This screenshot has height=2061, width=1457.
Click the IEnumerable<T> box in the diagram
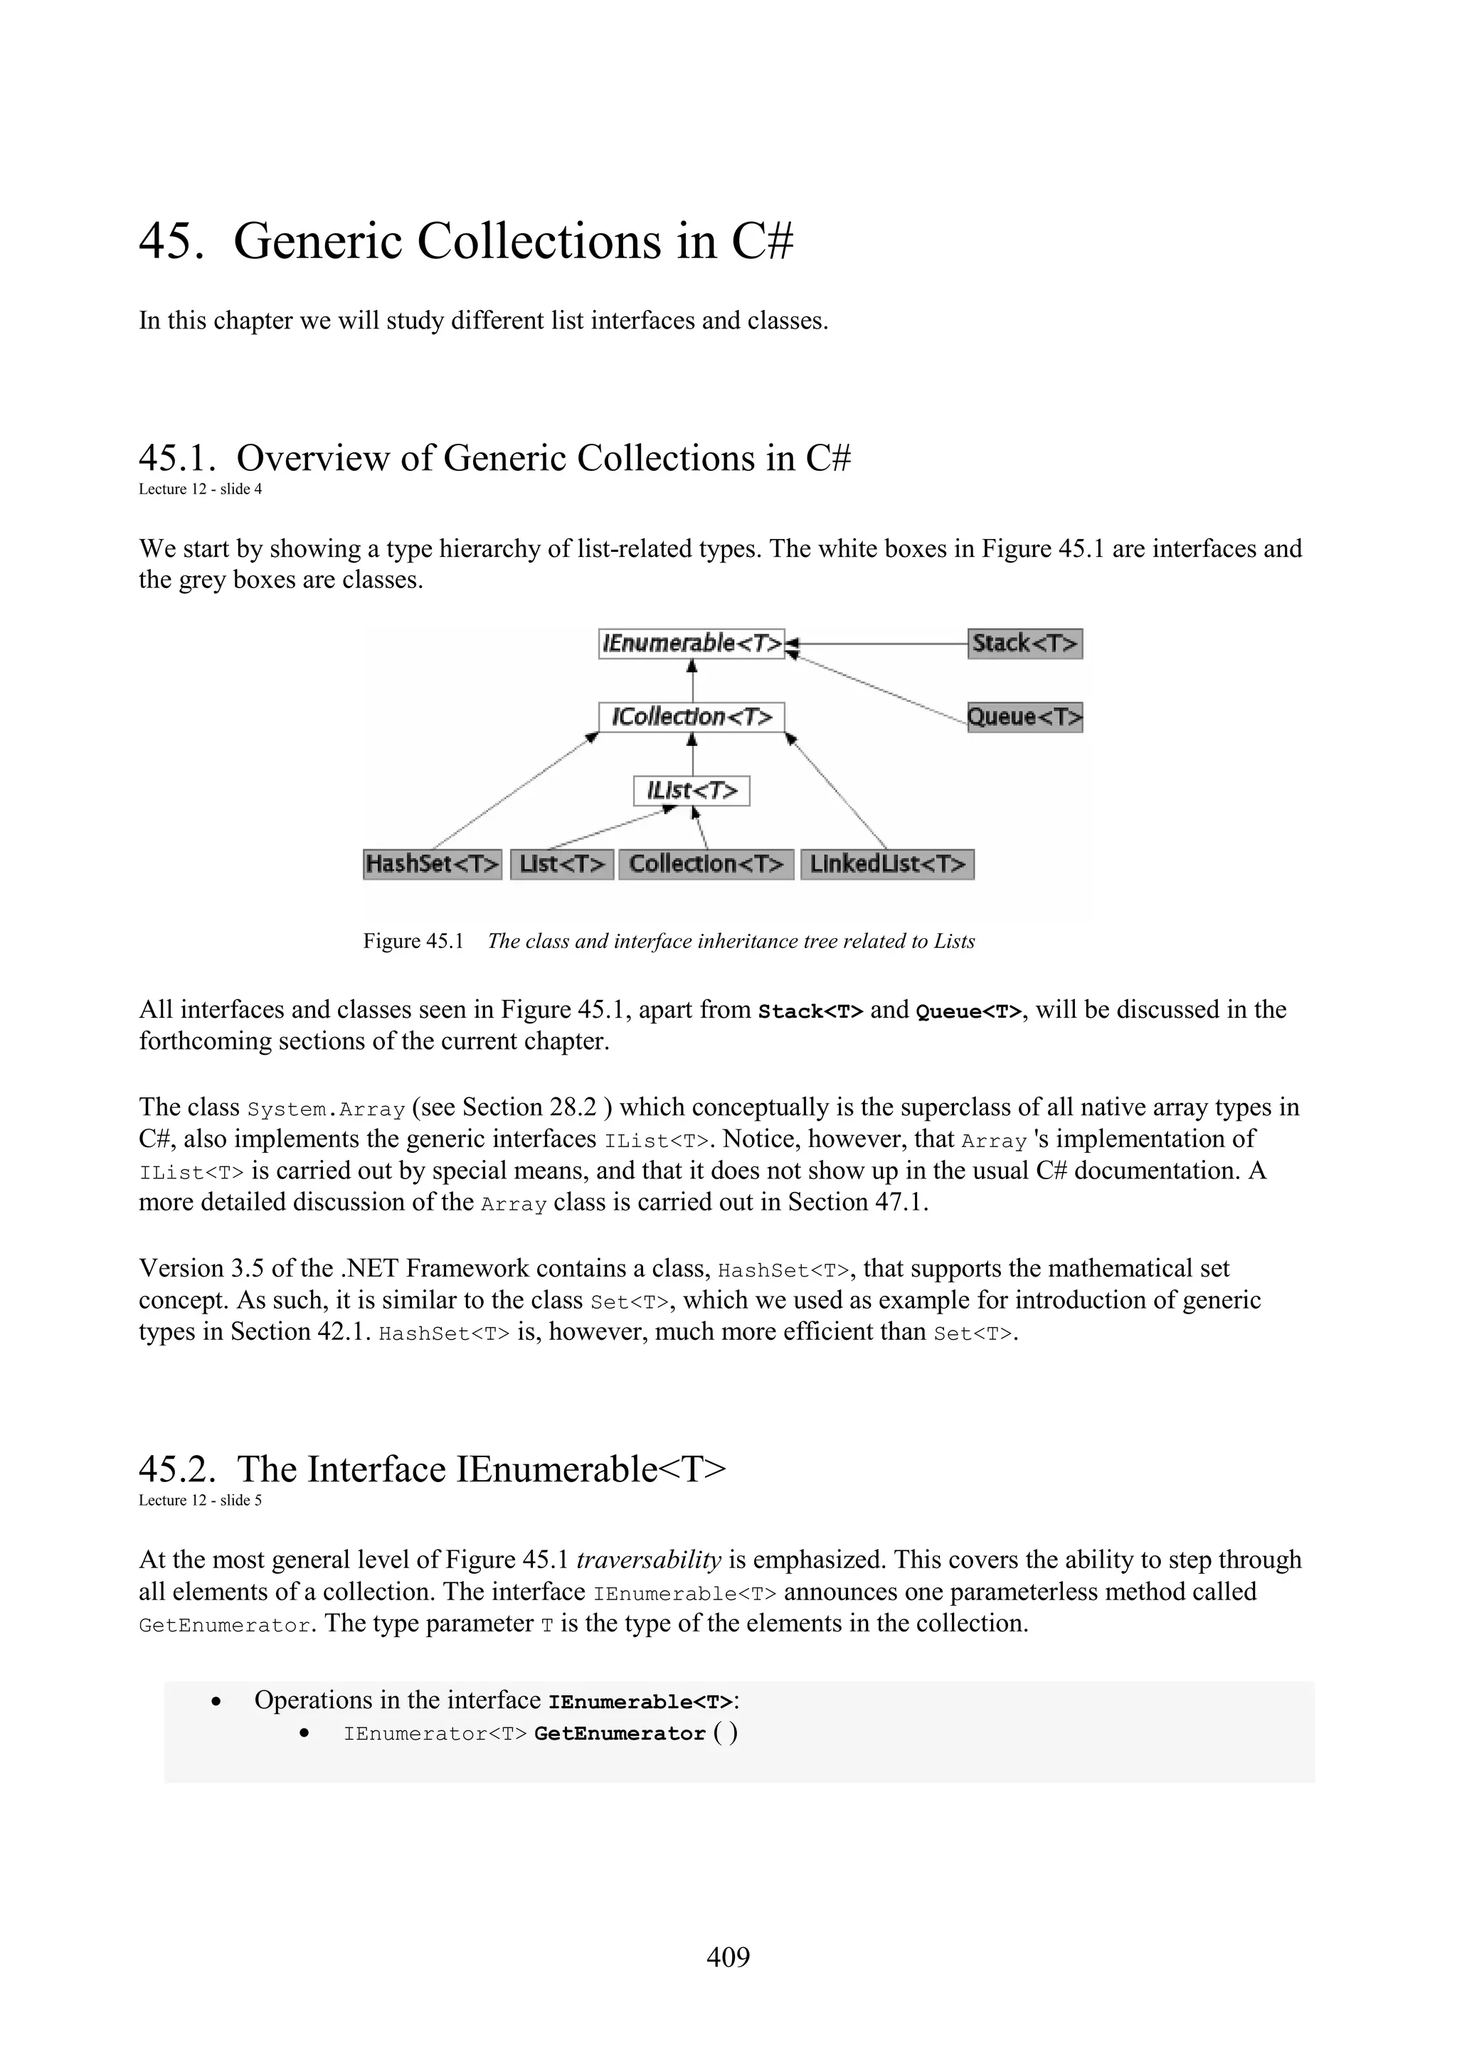692,644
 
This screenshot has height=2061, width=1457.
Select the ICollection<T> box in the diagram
692,717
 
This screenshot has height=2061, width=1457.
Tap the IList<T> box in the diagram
692,791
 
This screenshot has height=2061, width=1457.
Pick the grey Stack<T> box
1024,644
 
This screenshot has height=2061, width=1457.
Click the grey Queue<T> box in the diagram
1024,717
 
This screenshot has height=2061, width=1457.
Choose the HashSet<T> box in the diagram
432,864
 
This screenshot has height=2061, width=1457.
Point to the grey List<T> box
562,864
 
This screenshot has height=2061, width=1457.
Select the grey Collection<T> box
706,864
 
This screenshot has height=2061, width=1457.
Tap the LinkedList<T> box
887,864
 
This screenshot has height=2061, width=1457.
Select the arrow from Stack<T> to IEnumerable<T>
880,644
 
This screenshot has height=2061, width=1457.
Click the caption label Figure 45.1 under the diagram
413,941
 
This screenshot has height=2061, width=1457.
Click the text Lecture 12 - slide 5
200,1500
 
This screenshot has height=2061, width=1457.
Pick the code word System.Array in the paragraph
326,1109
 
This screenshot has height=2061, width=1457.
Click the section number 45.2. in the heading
178,1469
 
